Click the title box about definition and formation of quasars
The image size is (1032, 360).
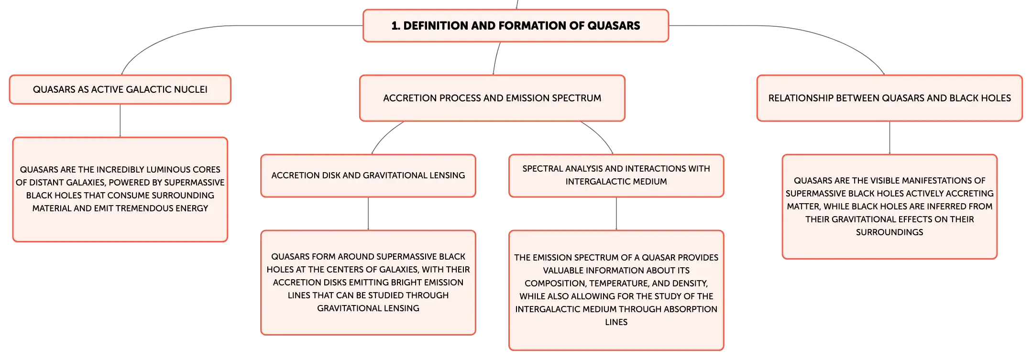coord(516,26)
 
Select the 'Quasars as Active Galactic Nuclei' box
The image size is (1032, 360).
coord(120,89)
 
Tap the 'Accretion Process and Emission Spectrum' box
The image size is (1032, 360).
coord(492,98)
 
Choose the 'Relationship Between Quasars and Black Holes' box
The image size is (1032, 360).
coord(889,98)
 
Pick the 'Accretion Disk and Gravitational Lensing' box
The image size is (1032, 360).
coord(368,175)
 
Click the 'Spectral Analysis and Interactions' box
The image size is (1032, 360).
coord(616,175)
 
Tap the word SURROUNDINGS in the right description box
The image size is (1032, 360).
coord(889,232)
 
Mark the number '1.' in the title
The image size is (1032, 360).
coord(395,26)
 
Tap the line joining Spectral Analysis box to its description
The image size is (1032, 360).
coord(616,214)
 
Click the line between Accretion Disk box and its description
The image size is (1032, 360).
coord(368,214)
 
